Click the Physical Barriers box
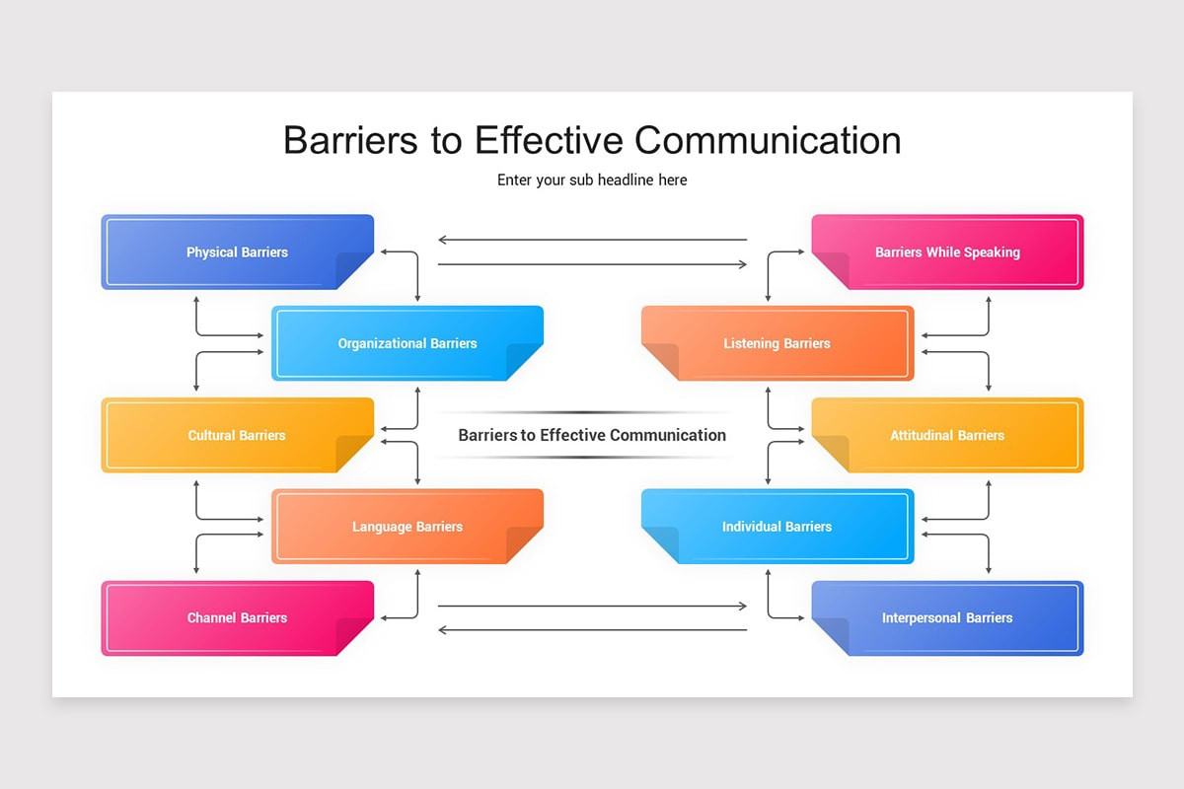[237, 251]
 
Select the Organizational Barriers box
[407, 343]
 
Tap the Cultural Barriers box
[237, 435]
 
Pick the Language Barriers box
[407, 527]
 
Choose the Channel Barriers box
[237, 618]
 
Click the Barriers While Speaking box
[947, 251]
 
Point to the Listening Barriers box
[777, 343]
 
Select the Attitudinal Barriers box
[947, 435]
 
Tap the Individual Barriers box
[777, 527]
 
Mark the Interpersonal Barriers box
[947, 618]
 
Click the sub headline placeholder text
[592, 180]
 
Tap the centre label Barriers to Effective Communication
[592, 435]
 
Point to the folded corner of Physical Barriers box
[353, 270]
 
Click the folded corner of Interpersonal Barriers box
[831, 636]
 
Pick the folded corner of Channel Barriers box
[353, 636]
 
